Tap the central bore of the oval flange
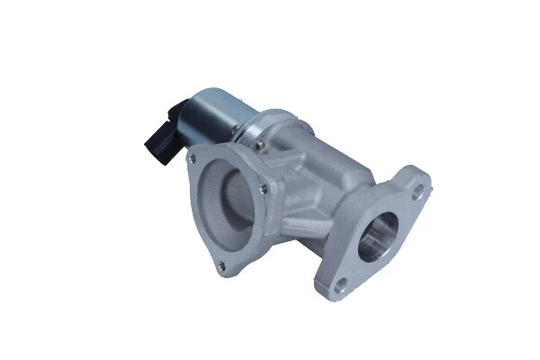pos(377,236)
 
